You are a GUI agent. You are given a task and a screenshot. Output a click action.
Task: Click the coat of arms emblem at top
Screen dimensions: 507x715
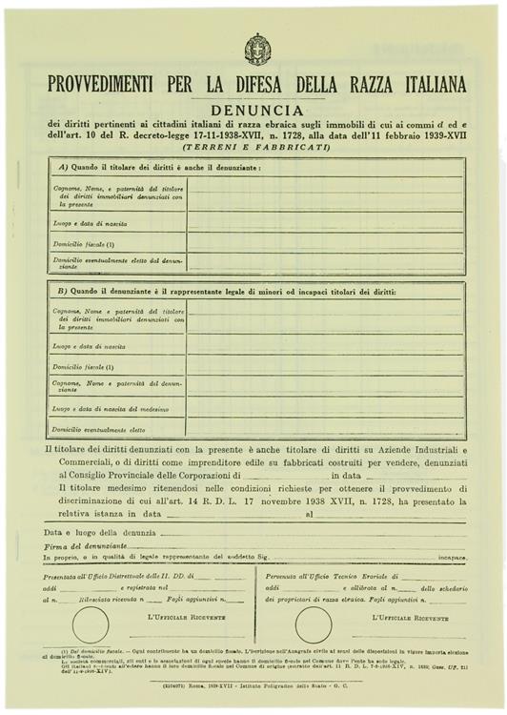point(257,49)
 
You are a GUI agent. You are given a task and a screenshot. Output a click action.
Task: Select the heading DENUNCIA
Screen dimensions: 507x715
point(257,110)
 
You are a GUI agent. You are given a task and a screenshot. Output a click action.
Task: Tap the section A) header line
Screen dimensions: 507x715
point(159,167)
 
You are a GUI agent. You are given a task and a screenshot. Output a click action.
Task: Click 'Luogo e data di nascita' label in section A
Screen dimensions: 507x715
point(91,223)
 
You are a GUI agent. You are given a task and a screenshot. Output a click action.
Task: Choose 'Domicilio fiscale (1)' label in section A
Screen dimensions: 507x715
point(84,243)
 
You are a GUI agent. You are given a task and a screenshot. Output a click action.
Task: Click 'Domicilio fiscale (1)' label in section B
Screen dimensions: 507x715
point(84,367)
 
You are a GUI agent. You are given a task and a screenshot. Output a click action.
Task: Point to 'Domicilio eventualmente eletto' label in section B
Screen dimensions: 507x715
point(99,429)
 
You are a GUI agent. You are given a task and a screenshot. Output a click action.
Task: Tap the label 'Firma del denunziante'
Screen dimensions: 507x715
point(85,544)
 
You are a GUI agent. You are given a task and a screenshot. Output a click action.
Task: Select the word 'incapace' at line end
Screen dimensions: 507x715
point(452,557)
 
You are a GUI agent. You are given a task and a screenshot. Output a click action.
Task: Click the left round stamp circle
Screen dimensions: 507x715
point(91,624)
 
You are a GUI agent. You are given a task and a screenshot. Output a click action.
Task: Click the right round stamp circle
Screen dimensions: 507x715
point(314,624)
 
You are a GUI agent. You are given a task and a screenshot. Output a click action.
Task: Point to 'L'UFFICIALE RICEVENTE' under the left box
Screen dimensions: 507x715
point(187,618)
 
